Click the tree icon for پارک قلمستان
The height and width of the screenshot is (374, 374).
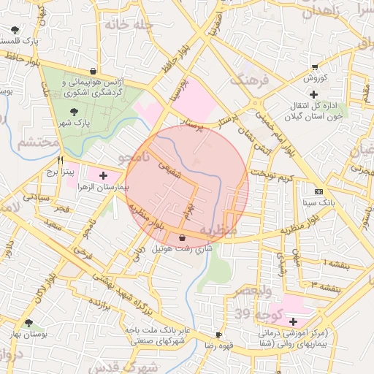(x=15, y=30)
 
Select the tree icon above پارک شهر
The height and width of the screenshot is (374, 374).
(x=74, y=111)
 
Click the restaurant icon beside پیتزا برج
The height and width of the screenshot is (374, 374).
(x=61, y=160)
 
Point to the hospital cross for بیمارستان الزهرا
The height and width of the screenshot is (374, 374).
(x=103, y=175)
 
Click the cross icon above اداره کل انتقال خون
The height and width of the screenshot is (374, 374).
(x=314, y=94)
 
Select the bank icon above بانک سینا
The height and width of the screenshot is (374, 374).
(x=317, y=191)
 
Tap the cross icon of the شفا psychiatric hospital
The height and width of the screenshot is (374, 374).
(x=293, y=321)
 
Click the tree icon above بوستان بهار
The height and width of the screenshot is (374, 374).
(x=28, y=323)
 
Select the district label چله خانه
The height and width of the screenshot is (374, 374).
(x=131, y=24)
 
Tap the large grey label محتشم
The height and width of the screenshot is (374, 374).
(x=37, y=141)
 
